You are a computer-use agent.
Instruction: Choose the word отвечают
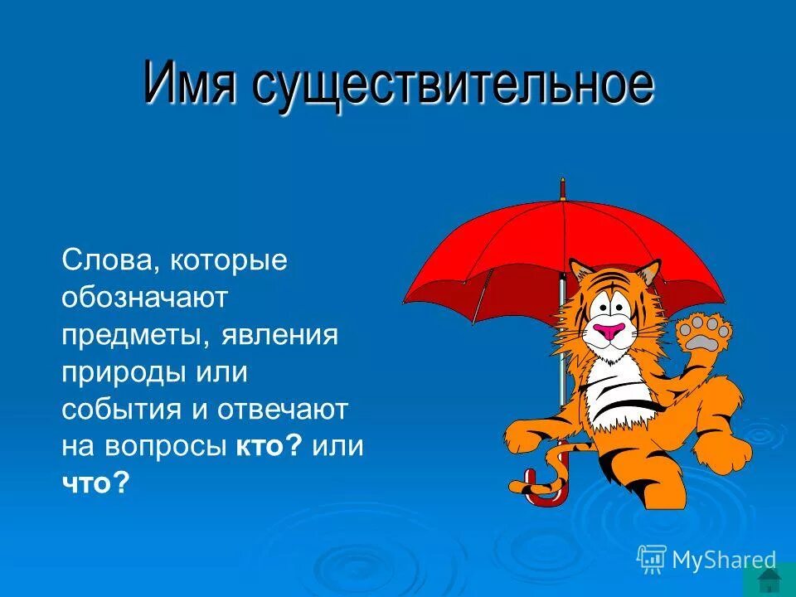[x=283, y=410]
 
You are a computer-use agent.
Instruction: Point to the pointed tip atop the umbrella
[x=562, y=184]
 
